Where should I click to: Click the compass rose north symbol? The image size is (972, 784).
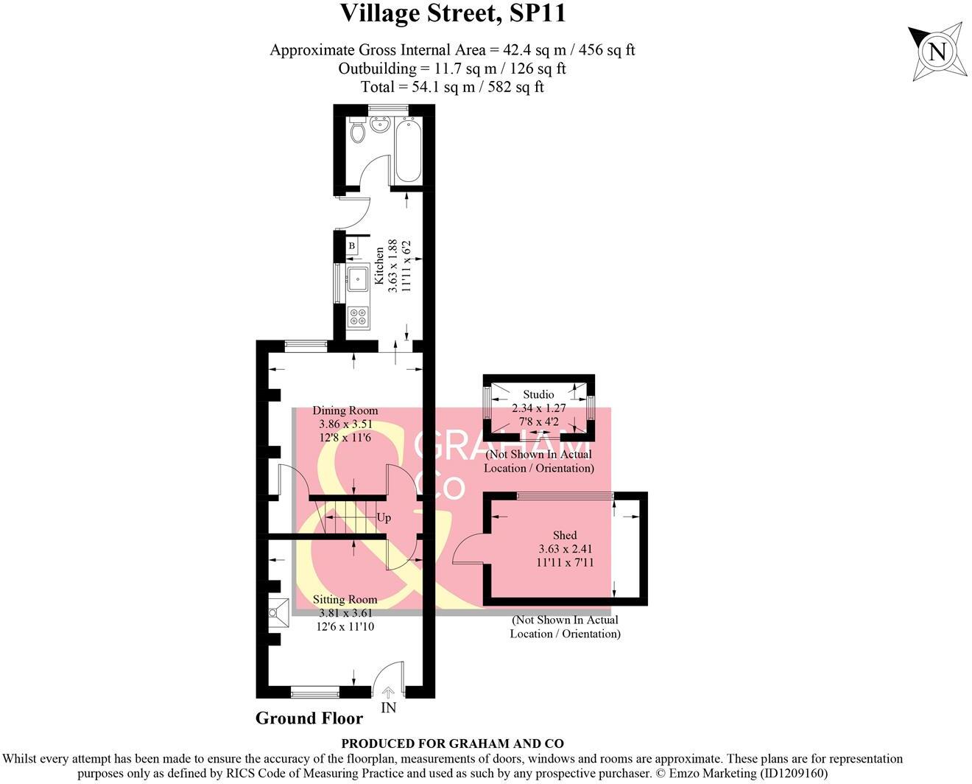[936, 52]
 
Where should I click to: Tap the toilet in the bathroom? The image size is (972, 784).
[358, 131]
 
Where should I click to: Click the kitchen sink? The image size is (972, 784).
[359, 279]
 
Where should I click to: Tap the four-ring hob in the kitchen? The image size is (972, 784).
[358, 317]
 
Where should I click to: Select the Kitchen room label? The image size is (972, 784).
[378, 265]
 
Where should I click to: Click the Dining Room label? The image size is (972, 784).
[345, 410]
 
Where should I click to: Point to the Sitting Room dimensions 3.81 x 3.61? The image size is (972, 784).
[345, 613]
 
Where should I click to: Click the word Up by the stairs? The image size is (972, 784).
[384, 517]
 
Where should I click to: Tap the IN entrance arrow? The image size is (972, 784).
[388, 692]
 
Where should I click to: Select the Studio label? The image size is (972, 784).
[538, 394]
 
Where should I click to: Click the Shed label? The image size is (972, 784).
[565, 535]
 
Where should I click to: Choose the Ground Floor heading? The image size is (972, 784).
[309, 718]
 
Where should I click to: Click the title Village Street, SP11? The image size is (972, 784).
[452, 13]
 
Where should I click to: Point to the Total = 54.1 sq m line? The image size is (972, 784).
[452, 87]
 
